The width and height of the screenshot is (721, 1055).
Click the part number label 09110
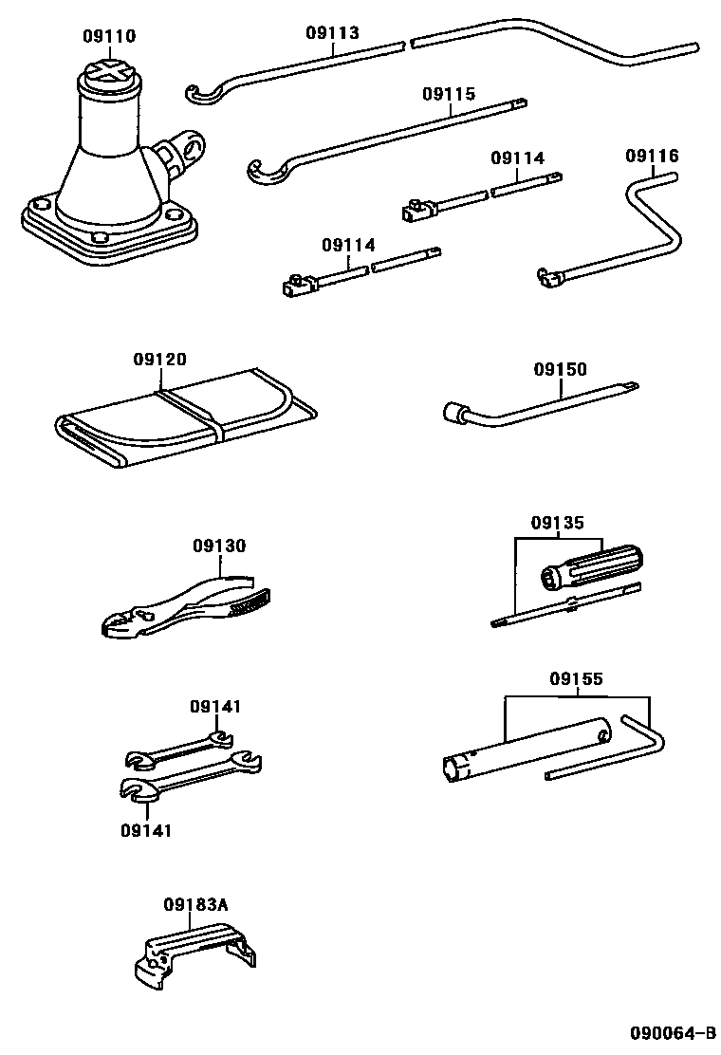point(109,37)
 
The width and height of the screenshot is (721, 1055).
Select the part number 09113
point(332,33)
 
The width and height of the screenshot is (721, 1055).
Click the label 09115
point(450,95)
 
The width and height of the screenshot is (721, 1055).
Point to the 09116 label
point(652,156)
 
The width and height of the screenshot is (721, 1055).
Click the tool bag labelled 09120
point(180,422)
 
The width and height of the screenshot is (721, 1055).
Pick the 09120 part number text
point(159,360)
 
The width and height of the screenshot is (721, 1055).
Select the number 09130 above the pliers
point(219,546)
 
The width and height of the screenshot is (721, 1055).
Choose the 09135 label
point(557,522)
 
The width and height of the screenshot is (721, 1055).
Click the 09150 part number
point(560,369)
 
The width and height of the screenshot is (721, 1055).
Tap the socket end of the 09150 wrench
point(453,413)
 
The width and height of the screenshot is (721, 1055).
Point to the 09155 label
point(576,678)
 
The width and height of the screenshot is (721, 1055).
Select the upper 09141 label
point(215,707)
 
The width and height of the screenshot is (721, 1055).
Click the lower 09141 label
point(146,830)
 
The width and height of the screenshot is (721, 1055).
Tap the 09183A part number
point(195,904)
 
